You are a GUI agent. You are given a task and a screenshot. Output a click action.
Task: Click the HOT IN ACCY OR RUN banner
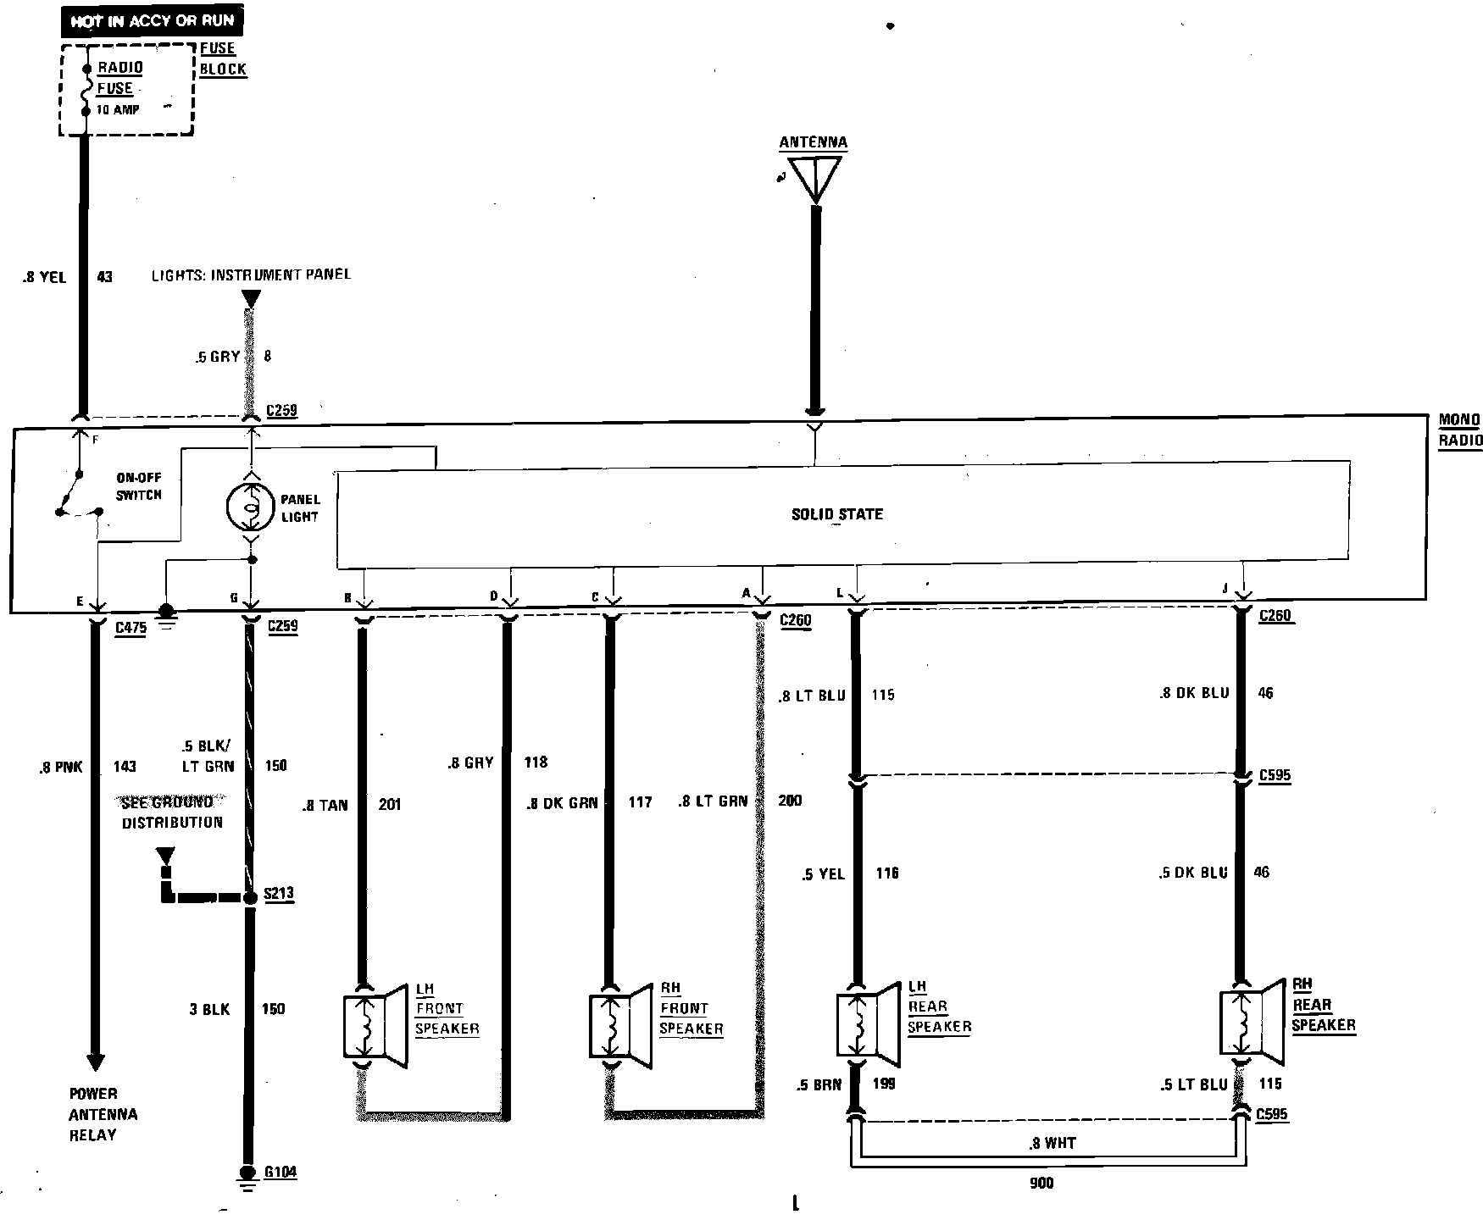153,20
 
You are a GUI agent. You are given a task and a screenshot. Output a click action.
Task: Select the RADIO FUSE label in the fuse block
119,78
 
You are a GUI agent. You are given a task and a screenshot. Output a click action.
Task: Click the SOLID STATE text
836,514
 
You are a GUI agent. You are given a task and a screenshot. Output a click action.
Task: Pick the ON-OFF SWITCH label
138,486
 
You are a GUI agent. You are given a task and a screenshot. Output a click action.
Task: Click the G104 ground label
280,1173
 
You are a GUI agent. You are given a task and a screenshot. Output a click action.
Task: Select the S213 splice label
279,894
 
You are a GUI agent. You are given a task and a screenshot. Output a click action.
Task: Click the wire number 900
1041,1183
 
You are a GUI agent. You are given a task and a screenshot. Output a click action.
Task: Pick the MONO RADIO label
1459,430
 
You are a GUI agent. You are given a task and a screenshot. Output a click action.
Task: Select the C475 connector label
130,629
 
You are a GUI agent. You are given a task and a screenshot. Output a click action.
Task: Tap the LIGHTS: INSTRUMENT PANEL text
251,274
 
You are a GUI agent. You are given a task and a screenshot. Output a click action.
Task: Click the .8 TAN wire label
325,805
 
